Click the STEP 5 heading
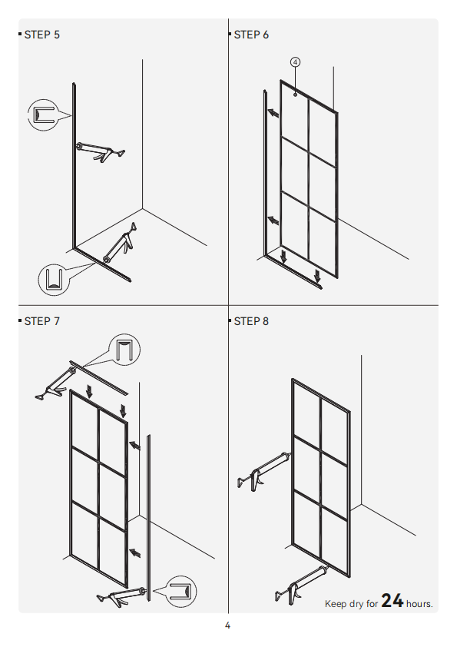(x=41, y=35)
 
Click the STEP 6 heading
(x=251, y=35)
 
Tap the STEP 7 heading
(x=41, y=321)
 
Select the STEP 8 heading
(x=251, y=321)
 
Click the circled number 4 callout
(x=295, y=62)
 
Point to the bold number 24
(x=392, y=601)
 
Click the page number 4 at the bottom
(x=227, y=625)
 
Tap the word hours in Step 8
(x=419, y=604)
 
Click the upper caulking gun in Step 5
(x=100, y=151)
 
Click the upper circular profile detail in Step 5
(x=43, y=115)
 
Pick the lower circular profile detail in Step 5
(x=54, y=280)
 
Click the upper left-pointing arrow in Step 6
(x=273, y=113)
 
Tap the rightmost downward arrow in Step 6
(x=317, y=276)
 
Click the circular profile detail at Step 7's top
(x=124, y=350)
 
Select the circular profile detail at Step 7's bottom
(x=180, y=592)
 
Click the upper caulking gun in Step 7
(x=55, y=383)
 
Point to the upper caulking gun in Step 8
(x=264, y=471)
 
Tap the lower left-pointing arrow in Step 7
(x=135, y=552)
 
